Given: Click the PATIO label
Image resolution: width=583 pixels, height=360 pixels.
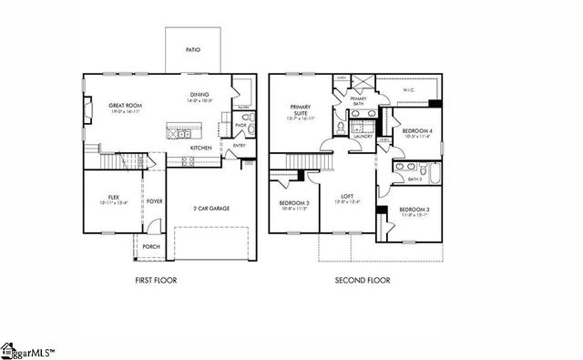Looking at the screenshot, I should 192,49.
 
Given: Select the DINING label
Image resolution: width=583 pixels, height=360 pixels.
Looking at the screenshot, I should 199,95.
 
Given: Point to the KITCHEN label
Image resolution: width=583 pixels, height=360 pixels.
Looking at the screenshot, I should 201,147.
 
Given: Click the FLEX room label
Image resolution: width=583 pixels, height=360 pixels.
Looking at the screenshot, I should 113,197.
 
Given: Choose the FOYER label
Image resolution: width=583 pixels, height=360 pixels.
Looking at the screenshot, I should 155,201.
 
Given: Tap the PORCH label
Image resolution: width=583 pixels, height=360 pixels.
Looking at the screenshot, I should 150,246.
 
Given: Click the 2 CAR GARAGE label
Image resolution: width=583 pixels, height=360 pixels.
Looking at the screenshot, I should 212,209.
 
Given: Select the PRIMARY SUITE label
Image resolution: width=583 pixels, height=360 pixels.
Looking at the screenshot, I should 302,108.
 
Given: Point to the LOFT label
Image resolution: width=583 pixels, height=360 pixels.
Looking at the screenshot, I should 347,197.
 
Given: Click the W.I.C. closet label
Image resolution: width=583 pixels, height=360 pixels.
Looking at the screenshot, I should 408,90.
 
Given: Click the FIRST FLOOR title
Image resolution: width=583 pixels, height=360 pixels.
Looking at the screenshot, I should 156,280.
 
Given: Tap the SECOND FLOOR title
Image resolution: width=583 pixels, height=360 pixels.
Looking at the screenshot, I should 356,280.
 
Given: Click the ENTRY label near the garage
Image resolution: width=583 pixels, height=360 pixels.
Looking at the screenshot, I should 239,145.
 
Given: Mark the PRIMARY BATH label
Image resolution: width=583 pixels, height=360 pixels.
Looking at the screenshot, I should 358,100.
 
